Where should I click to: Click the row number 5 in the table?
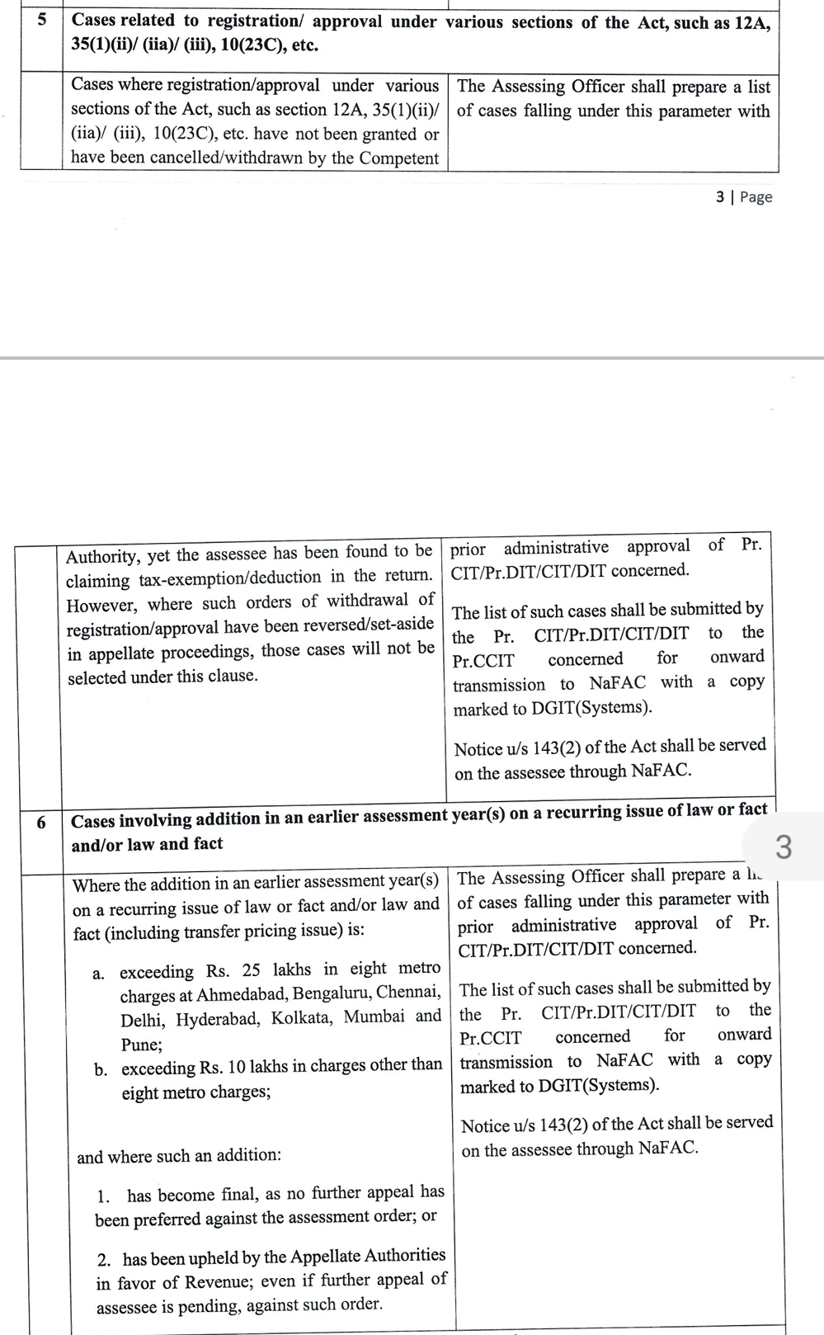click(41, 18)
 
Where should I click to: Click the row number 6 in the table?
click(41, 822)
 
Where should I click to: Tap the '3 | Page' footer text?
click(744, 196)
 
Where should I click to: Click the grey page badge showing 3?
click(784, 847)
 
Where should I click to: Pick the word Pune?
click(141, 1045)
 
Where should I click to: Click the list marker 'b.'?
click(101, 1070)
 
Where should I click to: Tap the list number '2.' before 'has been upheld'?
click(105, 1260)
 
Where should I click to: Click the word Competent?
click(400, 157)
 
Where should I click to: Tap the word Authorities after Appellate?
click(404, 1255)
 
